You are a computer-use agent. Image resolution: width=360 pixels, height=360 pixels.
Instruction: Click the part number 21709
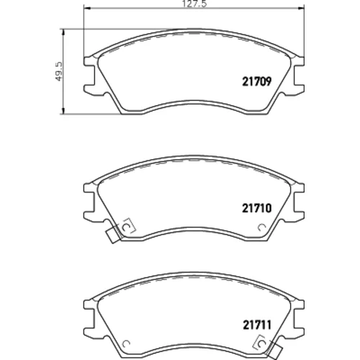click(x=256, y=81)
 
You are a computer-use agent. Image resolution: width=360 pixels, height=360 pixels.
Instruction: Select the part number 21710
click(x=256, y=208)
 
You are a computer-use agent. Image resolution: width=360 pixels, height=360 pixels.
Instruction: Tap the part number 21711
click(x=257, y=325)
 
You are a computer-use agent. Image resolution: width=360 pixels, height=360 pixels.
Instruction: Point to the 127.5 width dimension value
click(x=194, y=4)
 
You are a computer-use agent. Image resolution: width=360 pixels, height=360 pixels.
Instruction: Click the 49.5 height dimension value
click(x=59, y=71)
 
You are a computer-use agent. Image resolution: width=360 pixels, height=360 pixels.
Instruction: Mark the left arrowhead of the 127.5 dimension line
click(x=86, y=9)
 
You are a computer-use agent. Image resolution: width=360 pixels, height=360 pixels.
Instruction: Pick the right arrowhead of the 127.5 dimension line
click(x=302, y=9)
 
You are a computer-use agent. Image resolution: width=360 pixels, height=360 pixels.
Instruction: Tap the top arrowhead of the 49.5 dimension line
click(x=63, y=32)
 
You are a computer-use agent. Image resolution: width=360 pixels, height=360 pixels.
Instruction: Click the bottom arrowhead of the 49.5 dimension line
click(x=63, y=111)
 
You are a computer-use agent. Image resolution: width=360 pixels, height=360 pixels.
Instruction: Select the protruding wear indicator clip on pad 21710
click(x=113, y=235)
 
